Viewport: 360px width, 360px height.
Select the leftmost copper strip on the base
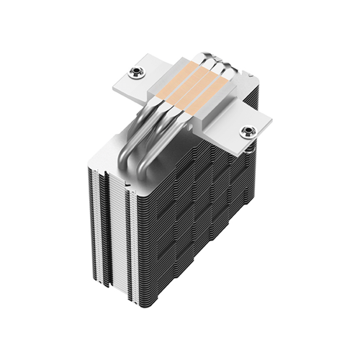pos(189,77)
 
